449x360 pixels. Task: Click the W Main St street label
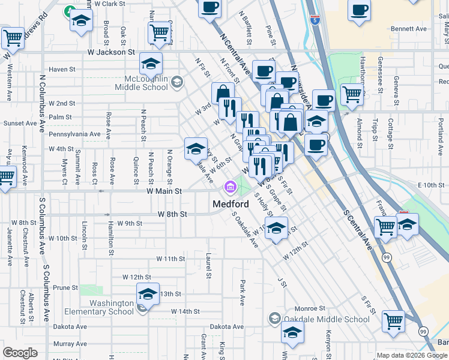point(164,191)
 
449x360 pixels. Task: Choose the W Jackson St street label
point(112,52)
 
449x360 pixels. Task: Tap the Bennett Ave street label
point(408,28)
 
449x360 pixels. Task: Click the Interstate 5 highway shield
point(315,20)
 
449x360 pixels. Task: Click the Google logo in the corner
point(20,352)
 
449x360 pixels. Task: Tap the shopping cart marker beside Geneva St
point(352,94)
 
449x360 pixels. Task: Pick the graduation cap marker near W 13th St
point(148,295)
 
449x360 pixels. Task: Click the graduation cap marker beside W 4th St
point(196,149)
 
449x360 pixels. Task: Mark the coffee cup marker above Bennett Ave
point(360,10)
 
